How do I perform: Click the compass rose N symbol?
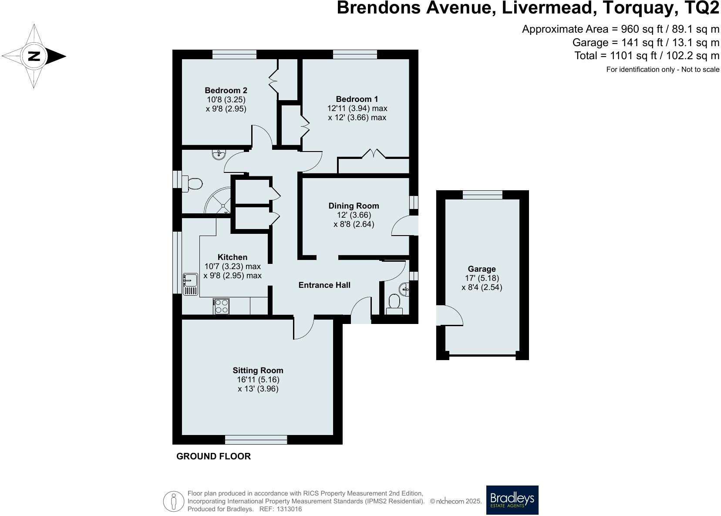(x=34, y=56)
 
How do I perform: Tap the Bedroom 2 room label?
(x=226, y=91)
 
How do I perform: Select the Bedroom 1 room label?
(x=357, y=99)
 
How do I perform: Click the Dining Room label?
(x=354, y=206)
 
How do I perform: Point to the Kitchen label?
(x=232, y=257)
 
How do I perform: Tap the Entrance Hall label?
(x=324, y=285)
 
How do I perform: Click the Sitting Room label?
(x=258, y=371)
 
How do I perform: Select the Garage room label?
(x=482, y=269)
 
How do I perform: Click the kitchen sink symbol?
(x=190, y=284)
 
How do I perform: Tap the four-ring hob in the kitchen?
(x=221, y=306)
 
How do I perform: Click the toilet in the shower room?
(x=192, y=184)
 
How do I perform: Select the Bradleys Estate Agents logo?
(x=512, y=500)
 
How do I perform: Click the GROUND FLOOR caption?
(x=213, y=456)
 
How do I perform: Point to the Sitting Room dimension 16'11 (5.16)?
(x=258, y=380)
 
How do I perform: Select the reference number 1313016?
(x=286, y=509)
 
